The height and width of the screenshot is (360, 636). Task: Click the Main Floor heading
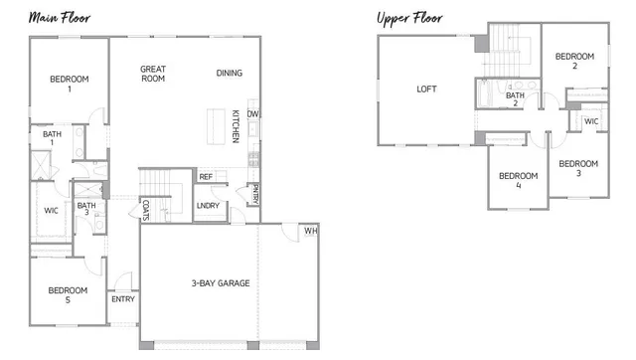pos(57,18)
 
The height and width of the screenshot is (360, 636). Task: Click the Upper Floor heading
pos(409,18)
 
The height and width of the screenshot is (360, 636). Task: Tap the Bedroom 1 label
pos(70,84)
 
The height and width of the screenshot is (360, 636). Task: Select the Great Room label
pos(152,75)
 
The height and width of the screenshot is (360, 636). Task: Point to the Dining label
pos(230,73)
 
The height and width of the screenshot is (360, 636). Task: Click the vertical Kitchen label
pos(236,125)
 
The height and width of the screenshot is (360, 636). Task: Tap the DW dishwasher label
pos(253,113)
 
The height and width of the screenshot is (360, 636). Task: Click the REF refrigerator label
pos(206,177)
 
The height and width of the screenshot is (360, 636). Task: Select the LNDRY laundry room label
pos(208,206)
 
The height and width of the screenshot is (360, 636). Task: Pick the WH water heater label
pos(310,232)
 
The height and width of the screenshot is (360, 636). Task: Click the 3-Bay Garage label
pos(221,283)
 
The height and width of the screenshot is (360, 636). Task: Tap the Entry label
pos(123,299)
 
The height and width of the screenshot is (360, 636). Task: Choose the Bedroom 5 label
pos(69,295)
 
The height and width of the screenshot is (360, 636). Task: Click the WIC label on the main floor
pos(51,211)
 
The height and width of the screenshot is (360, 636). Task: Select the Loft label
pos(426,89)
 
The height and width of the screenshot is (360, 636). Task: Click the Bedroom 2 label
pos(574,62)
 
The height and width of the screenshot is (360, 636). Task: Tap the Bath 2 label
pos(515,99)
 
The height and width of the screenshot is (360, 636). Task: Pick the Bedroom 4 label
pos(519,180)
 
